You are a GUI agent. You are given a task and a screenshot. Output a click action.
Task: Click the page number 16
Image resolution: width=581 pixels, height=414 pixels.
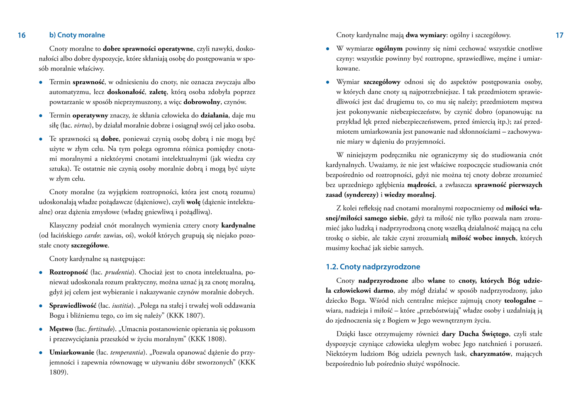(x=22, y=35)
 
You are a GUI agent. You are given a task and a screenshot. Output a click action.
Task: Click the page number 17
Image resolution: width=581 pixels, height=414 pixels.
(x=559, y=35)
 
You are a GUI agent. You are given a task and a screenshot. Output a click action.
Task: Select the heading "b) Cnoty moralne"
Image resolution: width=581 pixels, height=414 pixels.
(x=77, y=35)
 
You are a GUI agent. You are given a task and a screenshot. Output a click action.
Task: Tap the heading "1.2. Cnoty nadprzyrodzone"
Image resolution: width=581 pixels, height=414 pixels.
(x=373, y=267)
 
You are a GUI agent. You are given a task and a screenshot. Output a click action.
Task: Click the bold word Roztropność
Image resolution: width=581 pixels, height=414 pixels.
(x=68, y=272)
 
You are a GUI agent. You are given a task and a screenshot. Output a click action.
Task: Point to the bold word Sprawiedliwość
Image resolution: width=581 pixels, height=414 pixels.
(x=73, y=306)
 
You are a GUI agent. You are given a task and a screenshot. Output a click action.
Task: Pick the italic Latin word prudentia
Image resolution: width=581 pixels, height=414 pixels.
(x=118, y=273)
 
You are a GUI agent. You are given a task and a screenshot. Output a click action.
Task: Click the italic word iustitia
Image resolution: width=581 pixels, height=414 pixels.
(x=121, y=306)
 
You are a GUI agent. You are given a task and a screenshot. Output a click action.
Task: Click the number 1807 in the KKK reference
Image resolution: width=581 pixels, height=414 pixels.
(x=193, y=316)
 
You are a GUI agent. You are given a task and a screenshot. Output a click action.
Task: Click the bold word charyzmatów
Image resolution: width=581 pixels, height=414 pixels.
(x=490, y=354)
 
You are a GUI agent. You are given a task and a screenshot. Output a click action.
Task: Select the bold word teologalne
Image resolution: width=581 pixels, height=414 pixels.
(x=520, y=301)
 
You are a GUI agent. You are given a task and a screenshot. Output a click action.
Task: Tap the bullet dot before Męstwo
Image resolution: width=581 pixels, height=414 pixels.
(x=41, y=329)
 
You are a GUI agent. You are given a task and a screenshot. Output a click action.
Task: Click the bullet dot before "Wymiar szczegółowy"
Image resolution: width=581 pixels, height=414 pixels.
(x=328, y=82)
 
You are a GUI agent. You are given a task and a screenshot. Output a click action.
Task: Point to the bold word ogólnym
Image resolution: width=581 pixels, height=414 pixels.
(x=389, y=49)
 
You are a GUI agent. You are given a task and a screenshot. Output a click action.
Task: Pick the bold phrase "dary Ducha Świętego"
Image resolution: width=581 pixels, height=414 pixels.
(x=475, y=334)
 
